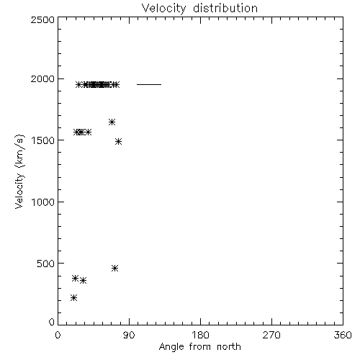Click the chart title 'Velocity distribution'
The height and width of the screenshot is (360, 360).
tap(199, 8)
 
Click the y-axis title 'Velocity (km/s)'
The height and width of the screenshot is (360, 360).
tap(19, 171)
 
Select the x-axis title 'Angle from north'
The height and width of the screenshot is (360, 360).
tap(199, 347)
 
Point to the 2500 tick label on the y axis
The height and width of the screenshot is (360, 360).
tap(42, 19)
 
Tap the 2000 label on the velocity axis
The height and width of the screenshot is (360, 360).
tap(42, 78)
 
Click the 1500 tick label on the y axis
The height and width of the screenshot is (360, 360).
tap(43, 140)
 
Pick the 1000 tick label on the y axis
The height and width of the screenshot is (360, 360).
tap(43, 202)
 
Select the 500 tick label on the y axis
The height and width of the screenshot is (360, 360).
tap(45, 264)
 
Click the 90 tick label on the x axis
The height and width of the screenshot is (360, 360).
tap(129, 335)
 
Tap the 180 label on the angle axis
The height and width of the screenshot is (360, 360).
tap(200, 335)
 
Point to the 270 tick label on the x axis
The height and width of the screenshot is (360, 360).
tap(271, 335)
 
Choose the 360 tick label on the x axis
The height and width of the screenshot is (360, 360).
tap(343, 335)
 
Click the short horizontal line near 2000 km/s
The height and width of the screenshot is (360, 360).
tap(149, 84)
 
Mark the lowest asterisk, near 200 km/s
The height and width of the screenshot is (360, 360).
tap(73, 298)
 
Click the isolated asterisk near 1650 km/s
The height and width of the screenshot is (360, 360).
tap(112, 122)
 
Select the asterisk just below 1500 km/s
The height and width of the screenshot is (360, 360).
tap(118, 141)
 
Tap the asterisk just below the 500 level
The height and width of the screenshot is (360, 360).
tap(115, 268)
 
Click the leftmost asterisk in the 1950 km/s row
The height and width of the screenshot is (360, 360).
tap(78, 84)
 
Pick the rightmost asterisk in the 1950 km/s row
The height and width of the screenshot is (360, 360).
tap(116, 84)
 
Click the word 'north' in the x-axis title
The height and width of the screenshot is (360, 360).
tap(229, 347)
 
